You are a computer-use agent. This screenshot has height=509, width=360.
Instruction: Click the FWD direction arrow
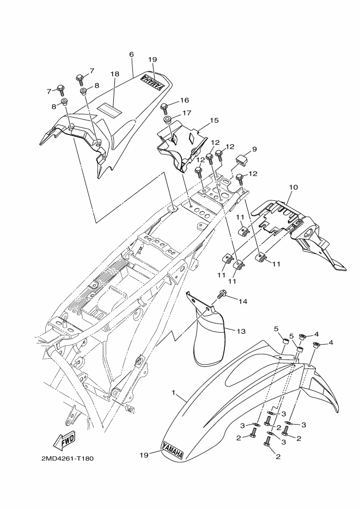64,439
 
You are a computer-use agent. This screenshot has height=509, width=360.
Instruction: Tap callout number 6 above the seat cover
131,55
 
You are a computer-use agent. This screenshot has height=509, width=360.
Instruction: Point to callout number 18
114,73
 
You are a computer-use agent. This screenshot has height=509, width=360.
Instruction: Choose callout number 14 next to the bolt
242,301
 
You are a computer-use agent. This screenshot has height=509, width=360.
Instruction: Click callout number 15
214,120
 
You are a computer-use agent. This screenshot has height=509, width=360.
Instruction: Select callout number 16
184,100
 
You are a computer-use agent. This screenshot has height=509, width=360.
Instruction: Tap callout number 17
186,113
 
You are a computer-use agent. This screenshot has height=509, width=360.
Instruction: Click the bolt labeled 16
168,105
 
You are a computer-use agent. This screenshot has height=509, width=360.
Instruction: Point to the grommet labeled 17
167,119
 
